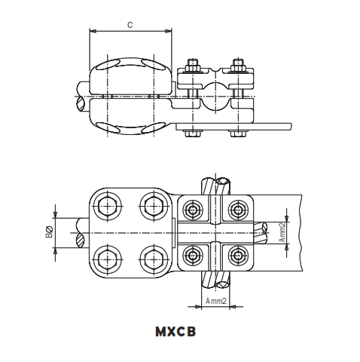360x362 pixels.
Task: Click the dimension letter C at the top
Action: click(x=130, y=25)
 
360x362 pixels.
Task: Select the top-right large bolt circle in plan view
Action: click(x=154, y=204)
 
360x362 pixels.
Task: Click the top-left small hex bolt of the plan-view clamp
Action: click(x=194, y=209)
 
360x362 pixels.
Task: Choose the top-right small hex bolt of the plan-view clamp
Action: click(x=239, y=209)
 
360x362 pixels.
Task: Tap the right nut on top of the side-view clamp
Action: click(x=239, y=63)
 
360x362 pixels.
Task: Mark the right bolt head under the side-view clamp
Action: click(x=239, y=133)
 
